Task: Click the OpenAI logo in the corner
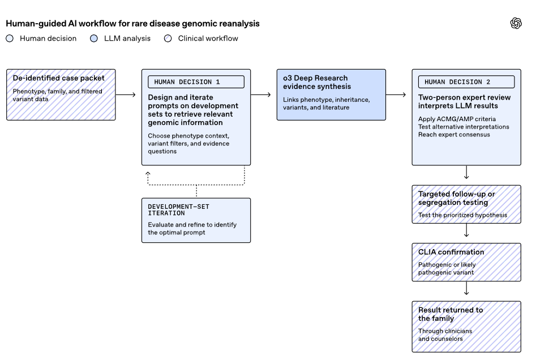pos(516,23)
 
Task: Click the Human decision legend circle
pos(10,38)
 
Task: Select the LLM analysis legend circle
pos(93,38)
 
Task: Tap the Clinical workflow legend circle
pos(168,38)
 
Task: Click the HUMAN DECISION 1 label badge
pos(196,82)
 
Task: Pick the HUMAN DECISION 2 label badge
pos(466,82)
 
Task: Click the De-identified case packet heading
pos(58,78)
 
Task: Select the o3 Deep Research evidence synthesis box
pos(331,95)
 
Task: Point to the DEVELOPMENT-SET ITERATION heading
pos(178,210)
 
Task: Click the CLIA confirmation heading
pos(451,252)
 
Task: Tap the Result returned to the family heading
pos(451,314)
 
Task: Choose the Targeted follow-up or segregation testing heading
pos(457,198)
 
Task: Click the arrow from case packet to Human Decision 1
pos(126,95)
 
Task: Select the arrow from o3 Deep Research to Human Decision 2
pos(396,95)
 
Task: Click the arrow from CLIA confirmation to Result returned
pos(466,288)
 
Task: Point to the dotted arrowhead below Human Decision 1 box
pos(148,174)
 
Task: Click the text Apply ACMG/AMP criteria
pos(457,119)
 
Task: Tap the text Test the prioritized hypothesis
pos(462,215)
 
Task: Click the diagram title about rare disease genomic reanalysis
pos(132,24)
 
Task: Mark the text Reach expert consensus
pos(454,135)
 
